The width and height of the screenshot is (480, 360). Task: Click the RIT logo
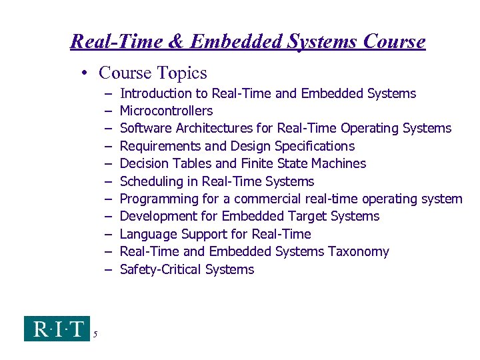click(x=56, y=329)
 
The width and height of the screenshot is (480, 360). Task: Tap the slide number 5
click(x=96, y=335)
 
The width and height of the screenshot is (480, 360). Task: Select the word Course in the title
click(x=394, y=42)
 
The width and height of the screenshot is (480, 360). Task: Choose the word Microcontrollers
click(x=166, y=111)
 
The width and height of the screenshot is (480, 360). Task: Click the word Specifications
click(x=309, y=146)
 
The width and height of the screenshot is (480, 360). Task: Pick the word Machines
click(x=337, y=163)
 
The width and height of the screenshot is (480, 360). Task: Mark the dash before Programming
click(x=107, y=199)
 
